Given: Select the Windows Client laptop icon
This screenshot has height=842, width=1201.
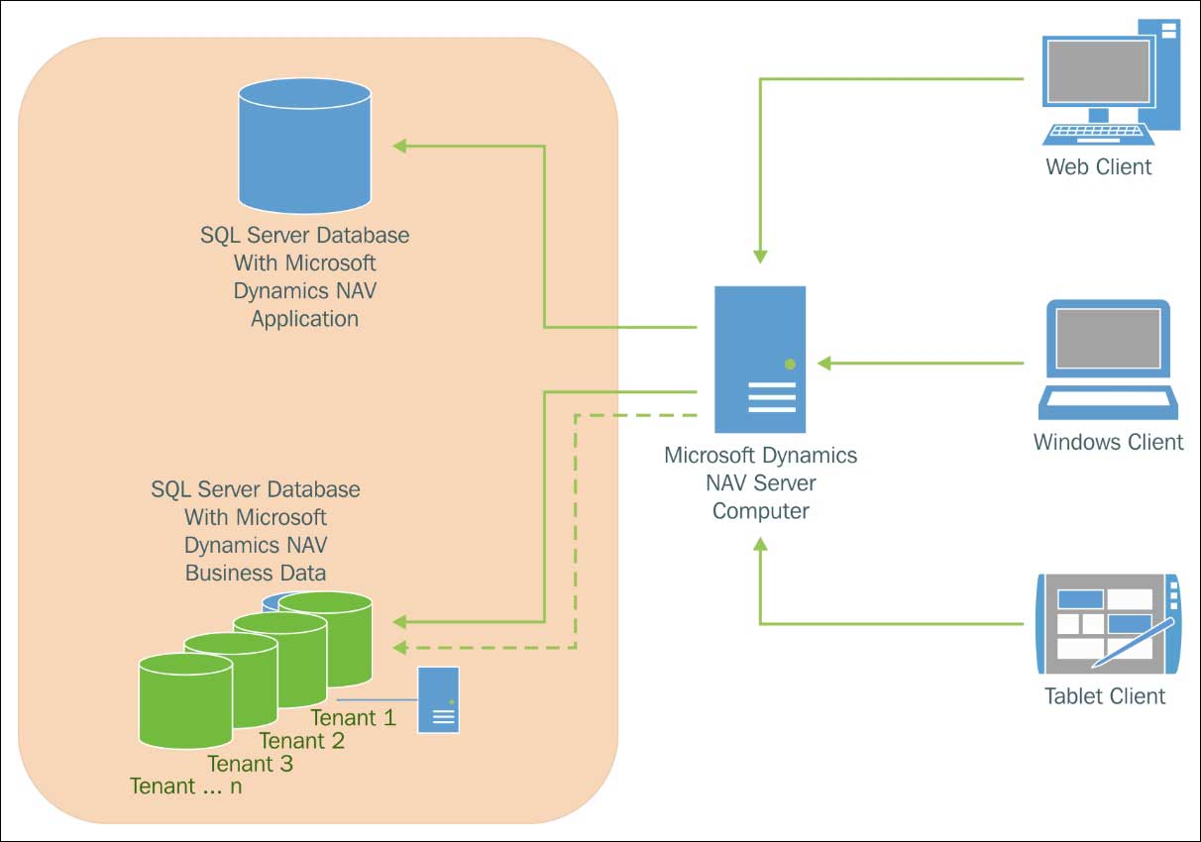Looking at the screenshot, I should tap(1109, 361).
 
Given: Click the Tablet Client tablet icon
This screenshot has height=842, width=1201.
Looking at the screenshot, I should tap(1108, 623).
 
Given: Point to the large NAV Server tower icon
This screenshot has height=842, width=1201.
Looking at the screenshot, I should tap(760, 362).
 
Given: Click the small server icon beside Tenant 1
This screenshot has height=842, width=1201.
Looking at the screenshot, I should tap(438, 699).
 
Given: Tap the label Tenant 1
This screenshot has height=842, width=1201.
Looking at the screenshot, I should tap(353, 717).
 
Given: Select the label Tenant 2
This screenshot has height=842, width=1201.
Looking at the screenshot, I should tap(301, 741).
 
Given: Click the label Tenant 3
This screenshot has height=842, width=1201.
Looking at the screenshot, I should tap(250, 764).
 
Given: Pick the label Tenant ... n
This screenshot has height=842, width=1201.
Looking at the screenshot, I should tap(185, 787).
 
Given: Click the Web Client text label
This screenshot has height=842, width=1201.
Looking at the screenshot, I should tap(1099, 166).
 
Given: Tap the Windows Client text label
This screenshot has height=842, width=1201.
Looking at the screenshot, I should tap(1108, 442).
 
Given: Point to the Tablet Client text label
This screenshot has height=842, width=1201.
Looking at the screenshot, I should tap(1105, 696).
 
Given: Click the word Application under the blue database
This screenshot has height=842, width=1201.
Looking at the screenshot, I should tap(304, 319).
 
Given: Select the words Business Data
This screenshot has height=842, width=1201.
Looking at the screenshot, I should tap(256, 573).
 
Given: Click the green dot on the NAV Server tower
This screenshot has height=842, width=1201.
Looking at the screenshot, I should tap(790, 364).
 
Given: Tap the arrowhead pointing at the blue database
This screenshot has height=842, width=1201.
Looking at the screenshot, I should tap(400, 147).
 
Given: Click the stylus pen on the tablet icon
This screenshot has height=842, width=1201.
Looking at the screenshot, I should tap(1136, 641).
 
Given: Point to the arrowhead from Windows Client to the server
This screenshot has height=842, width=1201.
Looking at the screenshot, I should tap(824, 364).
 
